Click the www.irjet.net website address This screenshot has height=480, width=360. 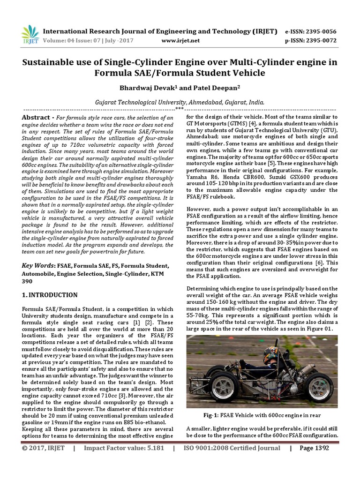[x=180, y=41]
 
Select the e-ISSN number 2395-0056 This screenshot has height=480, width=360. [x=320, y=31]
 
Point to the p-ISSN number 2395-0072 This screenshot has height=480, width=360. [x=320, y=41]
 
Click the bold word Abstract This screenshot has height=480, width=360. [x=36, y=117]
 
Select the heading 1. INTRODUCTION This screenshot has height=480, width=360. [x=50, y=295]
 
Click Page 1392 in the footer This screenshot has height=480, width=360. [x=314, y=448]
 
